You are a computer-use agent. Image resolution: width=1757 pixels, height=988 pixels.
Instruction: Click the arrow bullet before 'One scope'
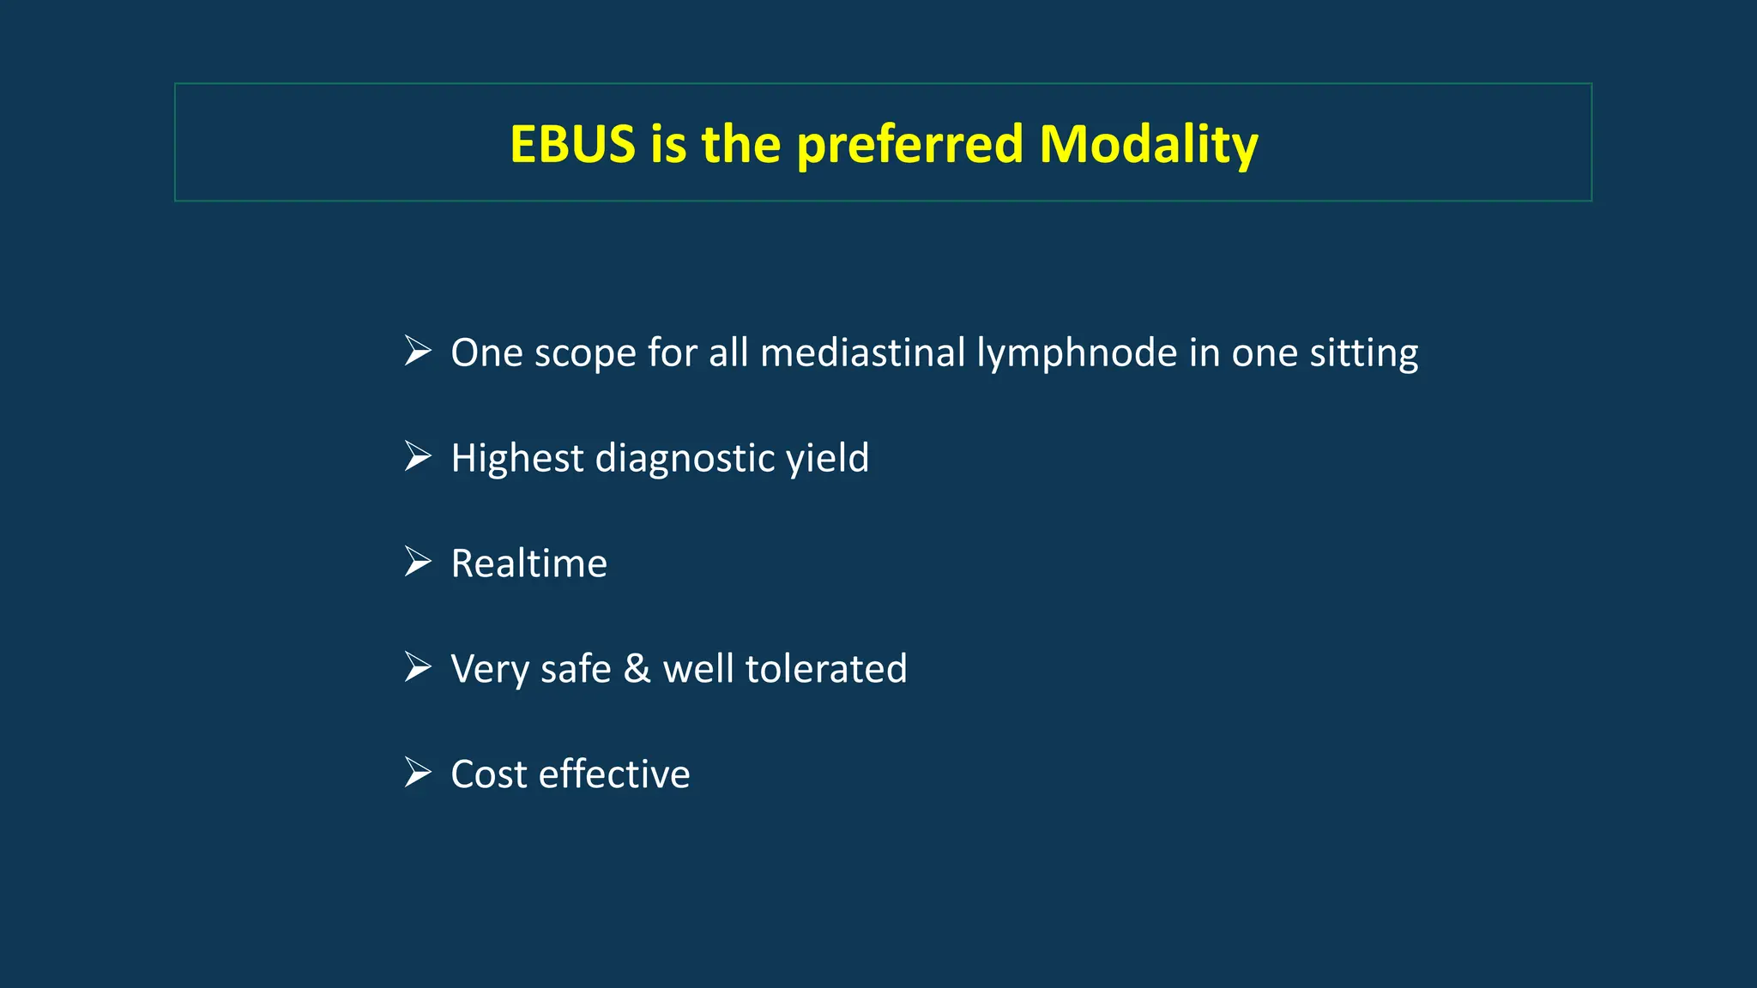point(418,351)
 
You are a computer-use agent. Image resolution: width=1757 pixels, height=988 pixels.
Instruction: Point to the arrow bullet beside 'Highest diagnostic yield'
point(418,456)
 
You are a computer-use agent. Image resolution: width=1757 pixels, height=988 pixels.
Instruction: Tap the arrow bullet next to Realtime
point(418,562)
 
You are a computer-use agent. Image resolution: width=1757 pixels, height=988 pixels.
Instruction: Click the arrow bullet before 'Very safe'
point(418,667)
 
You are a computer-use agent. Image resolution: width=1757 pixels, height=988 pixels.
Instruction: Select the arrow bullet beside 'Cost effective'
point(418,773)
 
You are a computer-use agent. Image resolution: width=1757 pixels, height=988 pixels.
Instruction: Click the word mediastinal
point(863,352)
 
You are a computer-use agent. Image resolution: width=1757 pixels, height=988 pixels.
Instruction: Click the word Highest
point(517,458)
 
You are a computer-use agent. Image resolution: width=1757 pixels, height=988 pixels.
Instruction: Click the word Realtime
point(528,563)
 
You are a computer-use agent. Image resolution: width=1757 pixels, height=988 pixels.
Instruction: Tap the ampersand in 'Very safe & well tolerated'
point(637,669)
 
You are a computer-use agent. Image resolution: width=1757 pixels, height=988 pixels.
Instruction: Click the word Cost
point(488,774)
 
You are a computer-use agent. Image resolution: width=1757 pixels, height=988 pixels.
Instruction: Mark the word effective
point(614,774)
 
